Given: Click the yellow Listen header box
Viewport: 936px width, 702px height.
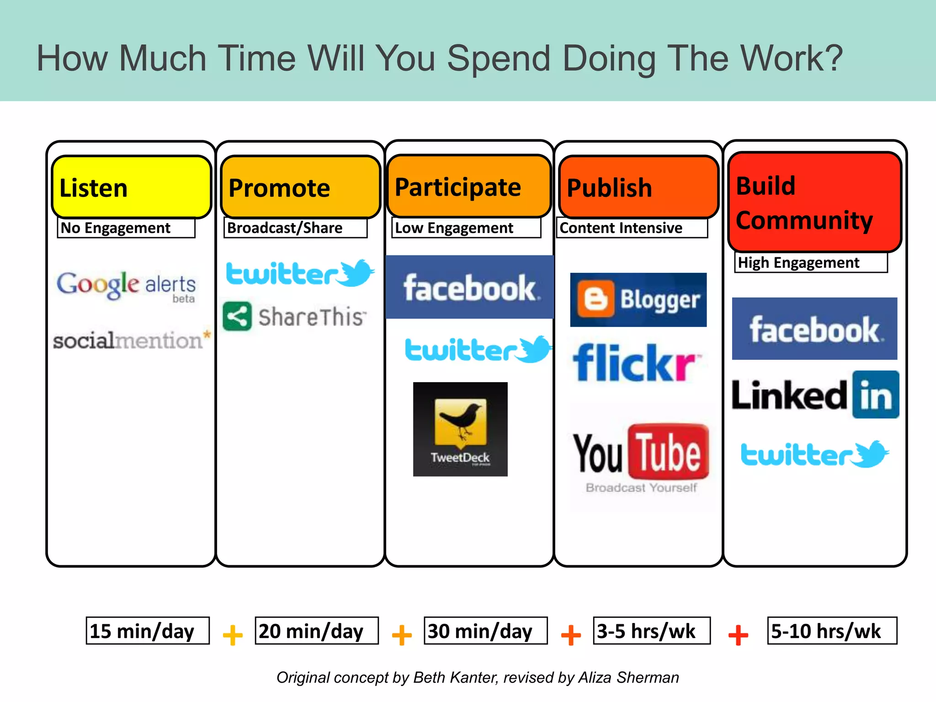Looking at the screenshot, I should click(x=131, y=187).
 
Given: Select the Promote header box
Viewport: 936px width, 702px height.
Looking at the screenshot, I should click(x=300, y=187).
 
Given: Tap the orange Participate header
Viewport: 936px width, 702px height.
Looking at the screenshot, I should click(x=469, y=186).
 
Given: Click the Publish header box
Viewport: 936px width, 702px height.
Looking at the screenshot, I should click(x=638, y=187).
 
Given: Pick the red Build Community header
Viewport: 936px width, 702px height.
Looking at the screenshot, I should click(x=814, y=202).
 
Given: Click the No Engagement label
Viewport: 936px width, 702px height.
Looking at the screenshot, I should click(x=126, y=228).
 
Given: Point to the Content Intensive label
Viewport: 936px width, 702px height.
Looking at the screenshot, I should click(x=632, y=228).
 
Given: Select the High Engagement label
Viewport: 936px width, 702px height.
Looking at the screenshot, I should click(x=810, y=262).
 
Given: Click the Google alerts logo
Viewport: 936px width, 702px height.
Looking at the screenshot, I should click(x=126, y=286).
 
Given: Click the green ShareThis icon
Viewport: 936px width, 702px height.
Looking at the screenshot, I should click(x=237, y=316).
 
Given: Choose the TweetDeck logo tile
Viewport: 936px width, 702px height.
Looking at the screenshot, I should click(x=460, y=429).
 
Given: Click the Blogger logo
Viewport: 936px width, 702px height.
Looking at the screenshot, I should click(x=638, y=300).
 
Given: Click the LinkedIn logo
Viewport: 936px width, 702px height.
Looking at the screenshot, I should click(x=815, y=395).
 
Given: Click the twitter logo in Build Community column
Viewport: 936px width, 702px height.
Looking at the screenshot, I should click(x=814, y=454).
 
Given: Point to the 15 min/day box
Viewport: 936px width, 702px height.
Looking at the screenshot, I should click(x=148, y=631).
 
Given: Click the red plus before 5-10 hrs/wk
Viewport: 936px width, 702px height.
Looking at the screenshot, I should click(x=738, y=635).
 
